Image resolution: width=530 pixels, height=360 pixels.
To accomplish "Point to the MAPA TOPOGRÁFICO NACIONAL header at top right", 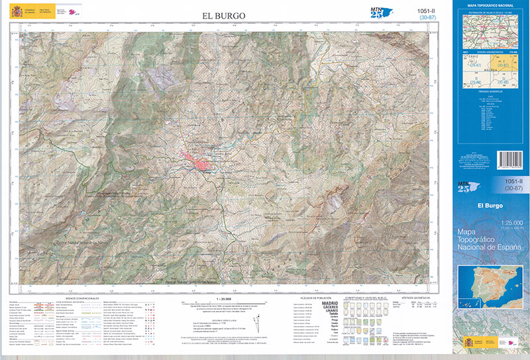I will coord(490,6).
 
